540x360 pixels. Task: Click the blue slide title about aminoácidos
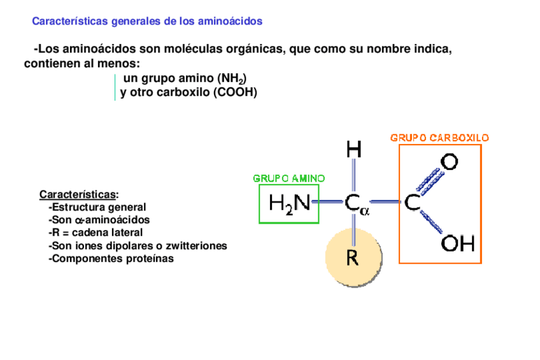(147, 21)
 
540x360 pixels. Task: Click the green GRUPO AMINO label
(289, 178)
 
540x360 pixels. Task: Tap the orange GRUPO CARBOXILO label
(439, 138)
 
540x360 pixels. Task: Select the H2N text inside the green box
(289, 204)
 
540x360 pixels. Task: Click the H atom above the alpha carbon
(354, 150)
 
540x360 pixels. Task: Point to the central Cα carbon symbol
(357, 204)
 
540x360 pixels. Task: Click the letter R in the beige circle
(353, 258)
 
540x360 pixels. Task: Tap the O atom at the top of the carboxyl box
(450, 162)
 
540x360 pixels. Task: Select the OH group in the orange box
(457, 244)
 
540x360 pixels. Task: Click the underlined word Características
(78, 194)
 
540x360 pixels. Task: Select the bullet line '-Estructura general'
(97, 207)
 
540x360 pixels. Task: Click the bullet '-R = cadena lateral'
(96, 233)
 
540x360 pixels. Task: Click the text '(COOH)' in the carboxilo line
(235, 92)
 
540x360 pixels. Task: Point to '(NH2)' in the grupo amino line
(231, 79)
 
